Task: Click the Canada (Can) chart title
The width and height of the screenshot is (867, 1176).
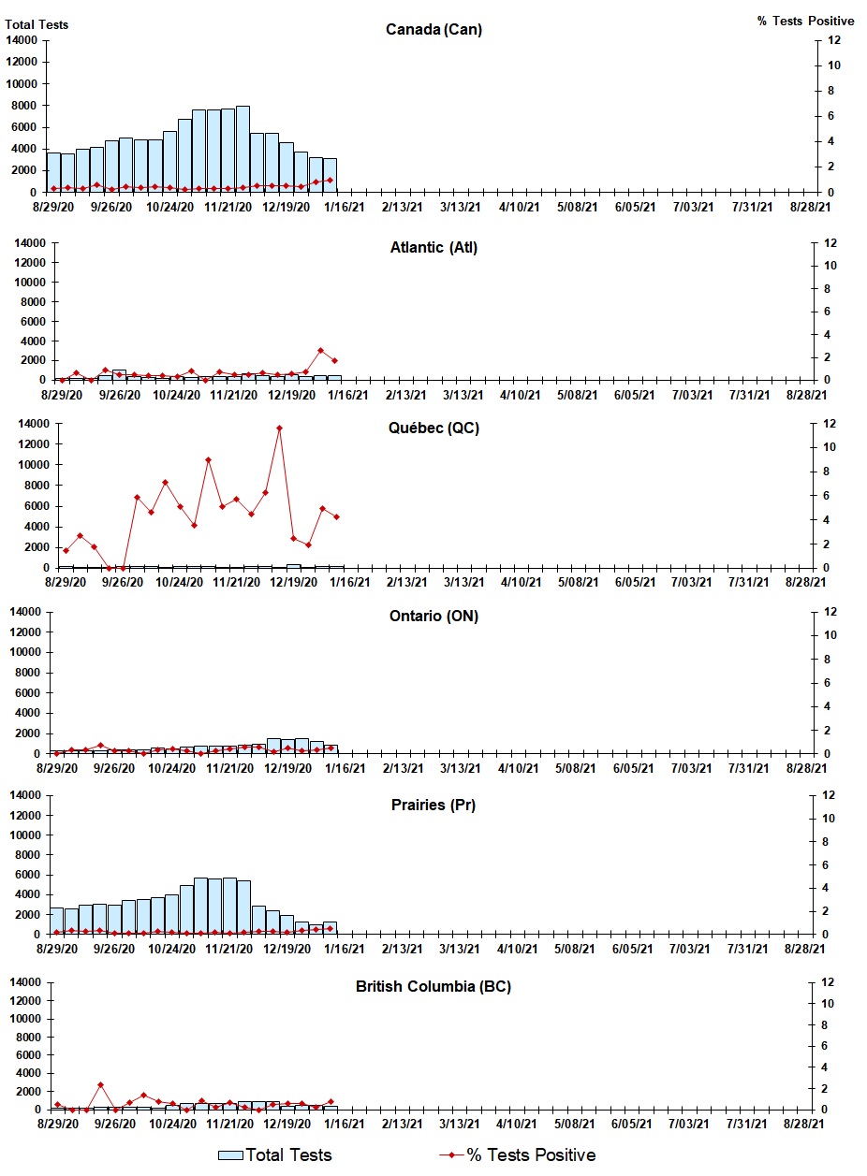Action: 433,30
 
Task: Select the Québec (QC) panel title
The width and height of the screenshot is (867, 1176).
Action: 433,428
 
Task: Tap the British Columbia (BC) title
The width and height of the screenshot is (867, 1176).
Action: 433,987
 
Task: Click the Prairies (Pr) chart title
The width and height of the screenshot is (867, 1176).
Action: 433,805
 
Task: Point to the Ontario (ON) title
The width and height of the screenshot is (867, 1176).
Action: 433,616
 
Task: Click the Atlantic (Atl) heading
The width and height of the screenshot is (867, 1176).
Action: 433,248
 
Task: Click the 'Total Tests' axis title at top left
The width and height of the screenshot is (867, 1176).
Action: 37,24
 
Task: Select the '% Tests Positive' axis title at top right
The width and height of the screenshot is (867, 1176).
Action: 805,21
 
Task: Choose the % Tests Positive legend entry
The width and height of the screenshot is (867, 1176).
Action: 517,1155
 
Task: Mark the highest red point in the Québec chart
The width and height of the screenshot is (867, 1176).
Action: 279,428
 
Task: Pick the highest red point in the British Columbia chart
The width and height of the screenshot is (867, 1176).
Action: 100,1085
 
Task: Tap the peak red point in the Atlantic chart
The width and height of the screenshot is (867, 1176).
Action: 320,351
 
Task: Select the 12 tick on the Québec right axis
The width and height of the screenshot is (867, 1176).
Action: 823,424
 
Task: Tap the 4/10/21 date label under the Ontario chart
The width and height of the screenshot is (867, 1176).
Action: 518,768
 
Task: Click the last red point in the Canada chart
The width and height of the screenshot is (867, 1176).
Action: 330,180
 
